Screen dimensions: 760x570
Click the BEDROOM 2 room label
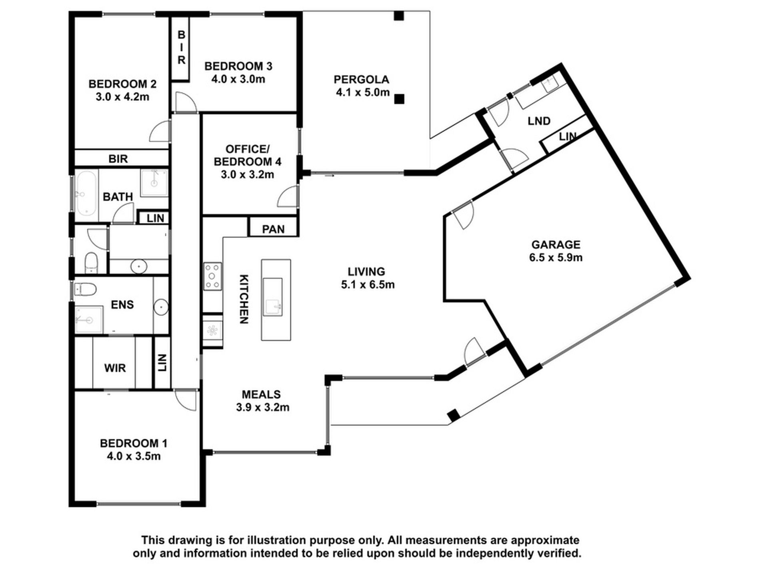click(x=122, y=84)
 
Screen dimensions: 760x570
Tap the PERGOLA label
click(x=361, y=80)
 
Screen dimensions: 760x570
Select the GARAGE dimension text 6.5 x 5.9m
click(x=556, y=258)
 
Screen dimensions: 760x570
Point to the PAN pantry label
click(x=273, y=229)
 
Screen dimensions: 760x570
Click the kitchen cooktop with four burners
click(x=212, y=276)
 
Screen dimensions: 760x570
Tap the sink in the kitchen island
click(x=272, y=297)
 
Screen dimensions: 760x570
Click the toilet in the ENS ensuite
click(x=85, y=289)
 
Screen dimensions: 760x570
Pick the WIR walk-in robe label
click(x=115, y=368)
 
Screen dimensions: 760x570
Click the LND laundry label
click(x=539, y=121)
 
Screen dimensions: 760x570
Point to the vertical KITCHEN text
click(x=244, y=299)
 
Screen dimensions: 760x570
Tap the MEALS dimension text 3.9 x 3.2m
click(x=262, y=408)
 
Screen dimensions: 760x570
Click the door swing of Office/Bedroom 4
click(x=288, y=196)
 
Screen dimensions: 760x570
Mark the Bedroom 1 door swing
click(x=186, y=399)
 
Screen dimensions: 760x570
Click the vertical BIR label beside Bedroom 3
click(x=181, y=48)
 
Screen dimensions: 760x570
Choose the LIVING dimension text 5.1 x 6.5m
click(x=368, y=285)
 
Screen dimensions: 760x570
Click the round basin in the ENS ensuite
click(x=161, y=307)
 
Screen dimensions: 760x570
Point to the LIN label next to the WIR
click(x=162, y=363)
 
